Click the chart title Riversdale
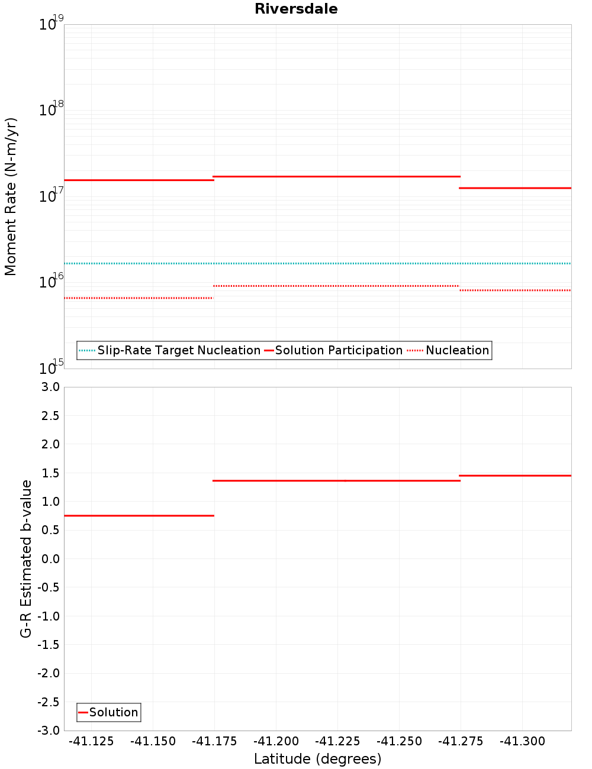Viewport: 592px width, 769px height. click(x=296, y=9)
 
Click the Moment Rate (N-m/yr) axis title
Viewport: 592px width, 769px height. click(x=11, y=196)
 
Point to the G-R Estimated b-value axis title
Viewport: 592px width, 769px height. click(x=26, y=558)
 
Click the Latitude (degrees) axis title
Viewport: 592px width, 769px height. click(x=317, y=759)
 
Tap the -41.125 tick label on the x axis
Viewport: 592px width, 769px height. click(x=91, y=742)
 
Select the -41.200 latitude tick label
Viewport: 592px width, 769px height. click(x=276, y=742)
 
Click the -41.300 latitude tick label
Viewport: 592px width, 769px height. click(x=522, y=742)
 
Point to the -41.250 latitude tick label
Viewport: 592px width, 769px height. click(x=399, y=742)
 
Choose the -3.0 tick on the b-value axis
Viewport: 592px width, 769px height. click(x=49, y=731)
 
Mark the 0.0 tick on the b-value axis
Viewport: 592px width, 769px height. click(x=52, y=559)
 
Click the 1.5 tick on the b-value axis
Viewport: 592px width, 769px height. click(x=52, y=473)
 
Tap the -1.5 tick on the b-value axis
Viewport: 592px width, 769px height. click(x=49, y=645)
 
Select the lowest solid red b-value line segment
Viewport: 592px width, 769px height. click(x=139, y=516)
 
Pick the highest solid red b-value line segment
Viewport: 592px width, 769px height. click(x=515, y=476)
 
